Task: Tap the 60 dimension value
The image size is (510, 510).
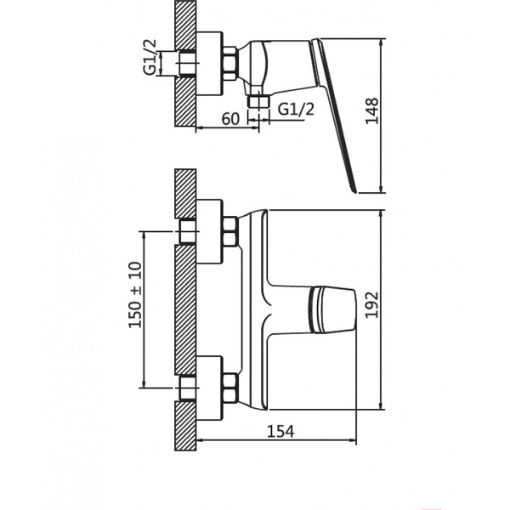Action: (229, 119)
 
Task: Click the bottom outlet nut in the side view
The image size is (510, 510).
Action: (258, 104)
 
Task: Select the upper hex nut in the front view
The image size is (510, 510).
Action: (229, 231)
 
